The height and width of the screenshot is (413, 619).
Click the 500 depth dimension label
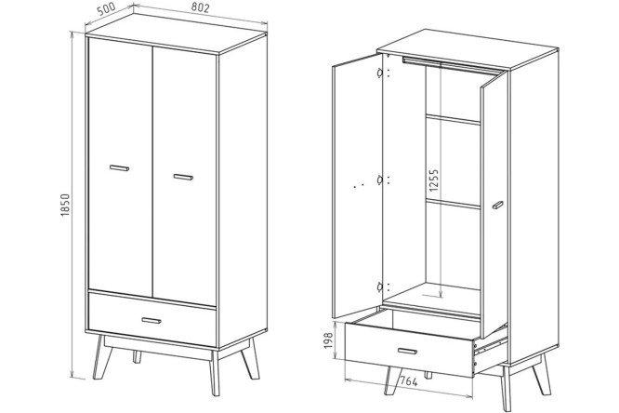[x=106, y=9]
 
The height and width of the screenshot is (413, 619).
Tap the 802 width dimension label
[x=200, y=7]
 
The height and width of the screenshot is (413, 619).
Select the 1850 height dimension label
[x=65, y=205]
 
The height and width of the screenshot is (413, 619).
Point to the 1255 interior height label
[x=433, y=180]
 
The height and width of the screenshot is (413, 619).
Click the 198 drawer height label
[x=328, y=340]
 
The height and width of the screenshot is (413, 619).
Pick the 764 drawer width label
[x=409, y=381]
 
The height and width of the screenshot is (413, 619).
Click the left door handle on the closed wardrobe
[x=119, y=168]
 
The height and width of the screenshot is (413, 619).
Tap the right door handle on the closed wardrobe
[x=183, y=177]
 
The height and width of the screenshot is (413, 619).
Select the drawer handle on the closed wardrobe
[x=151, y=320]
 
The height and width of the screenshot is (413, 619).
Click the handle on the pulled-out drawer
[x=407, y=351]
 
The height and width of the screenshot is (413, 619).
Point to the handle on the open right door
[x=498, y=205]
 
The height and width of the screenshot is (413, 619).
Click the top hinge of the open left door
[x=379, y=73]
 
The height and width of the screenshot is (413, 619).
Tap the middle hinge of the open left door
[x=379, y=180]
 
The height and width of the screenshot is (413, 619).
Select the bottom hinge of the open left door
[x=379, y=286]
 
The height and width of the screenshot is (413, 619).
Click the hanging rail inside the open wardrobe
[x=450, y=64]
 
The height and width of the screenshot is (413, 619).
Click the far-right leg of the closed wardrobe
[x=250, y=359]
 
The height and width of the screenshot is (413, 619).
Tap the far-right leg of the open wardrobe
[x=542, y=374]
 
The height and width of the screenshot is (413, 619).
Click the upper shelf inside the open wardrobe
[x=453, y=119]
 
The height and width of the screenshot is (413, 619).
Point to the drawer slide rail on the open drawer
[x=492, y=346]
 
